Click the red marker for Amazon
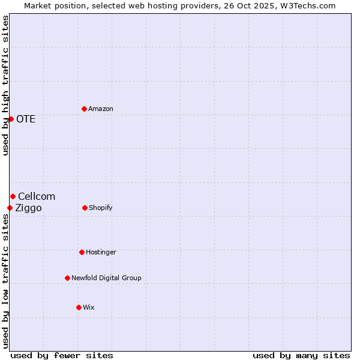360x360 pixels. coord(84,109)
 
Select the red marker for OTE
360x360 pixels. coord(11,119)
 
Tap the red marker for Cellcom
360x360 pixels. coord(13,196)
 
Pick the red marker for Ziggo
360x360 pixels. coord(10,208)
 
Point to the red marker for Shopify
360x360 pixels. coord(85,208)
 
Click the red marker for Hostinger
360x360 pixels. coord(82,252)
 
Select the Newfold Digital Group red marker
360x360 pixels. coord(67,278)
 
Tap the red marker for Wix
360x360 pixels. coord(79,307)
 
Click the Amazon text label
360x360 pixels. coord(101,109)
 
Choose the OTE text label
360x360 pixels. coord(26,119)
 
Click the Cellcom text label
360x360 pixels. coord(37,196)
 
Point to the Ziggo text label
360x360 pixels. coord(28,208)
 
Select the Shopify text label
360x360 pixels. coord(100,208)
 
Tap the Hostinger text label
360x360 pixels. coord(101,252)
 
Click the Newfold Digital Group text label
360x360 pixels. coord(106,278)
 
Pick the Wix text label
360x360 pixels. coord(89,307)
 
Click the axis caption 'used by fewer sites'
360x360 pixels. coord(62,355)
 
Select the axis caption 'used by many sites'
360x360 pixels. coord(301,355)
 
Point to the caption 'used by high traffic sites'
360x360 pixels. coord(5,85)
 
